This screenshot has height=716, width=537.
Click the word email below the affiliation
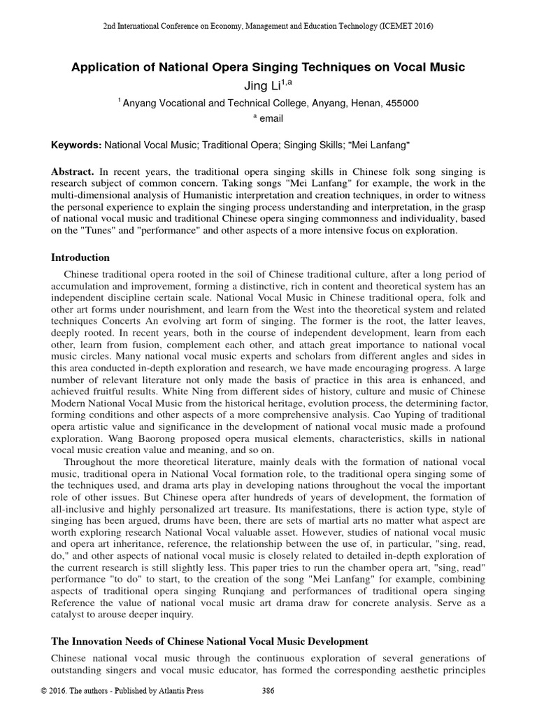[x=271, y=119]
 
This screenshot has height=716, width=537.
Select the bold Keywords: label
[x=76, y=145]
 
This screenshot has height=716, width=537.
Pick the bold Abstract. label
[x=73, y=171]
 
